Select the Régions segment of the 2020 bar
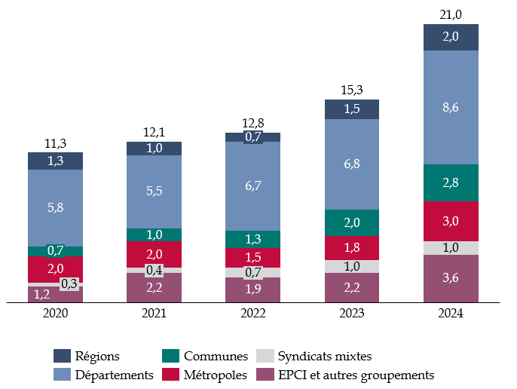(55, 161)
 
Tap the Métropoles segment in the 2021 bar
(154, 253)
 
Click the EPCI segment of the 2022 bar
(252, 290)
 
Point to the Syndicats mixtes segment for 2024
(451, 248)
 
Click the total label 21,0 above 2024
(451, 14)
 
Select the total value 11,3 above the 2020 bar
(55, 142)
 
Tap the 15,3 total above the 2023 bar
(352, 90)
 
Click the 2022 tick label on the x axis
(252, 314)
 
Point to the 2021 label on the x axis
(154, 314)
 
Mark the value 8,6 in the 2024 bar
(451, 107)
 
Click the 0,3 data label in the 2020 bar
(69, 283)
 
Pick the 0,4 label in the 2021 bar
(154, 271)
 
